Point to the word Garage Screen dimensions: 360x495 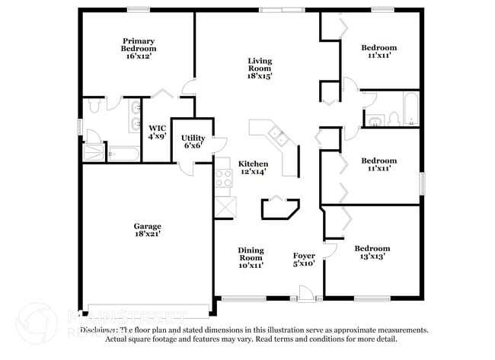[x=147, y=226]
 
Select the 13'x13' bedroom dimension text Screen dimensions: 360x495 [x=372, y=257]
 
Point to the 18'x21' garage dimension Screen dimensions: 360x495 [x=147, y=234]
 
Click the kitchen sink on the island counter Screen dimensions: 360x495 [x=278, y=138]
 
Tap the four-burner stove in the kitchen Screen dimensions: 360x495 [x=224, y=178]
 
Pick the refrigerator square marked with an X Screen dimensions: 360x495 [x=225, y=206]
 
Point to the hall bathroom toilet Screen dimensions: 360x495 [x=394, y=117]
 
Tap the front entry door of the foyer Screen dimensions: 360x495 [x=307, y=295]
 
